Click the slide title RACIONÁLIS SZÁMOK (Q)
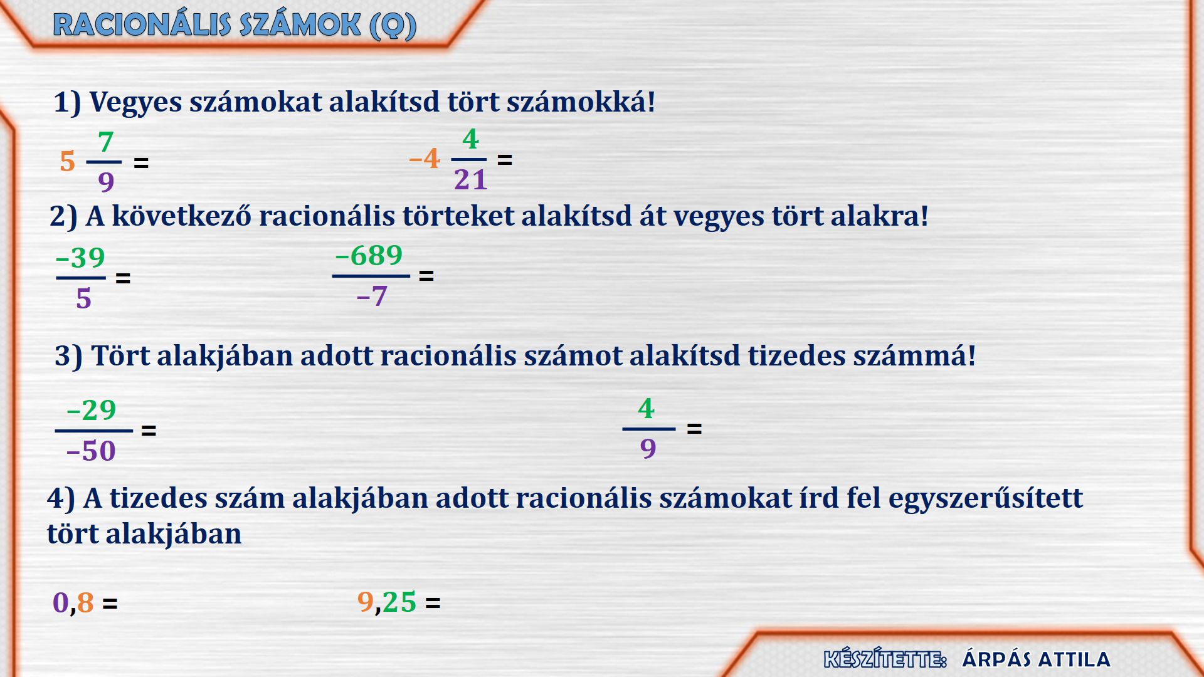[235, 25]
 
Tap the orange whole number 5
[67, 162]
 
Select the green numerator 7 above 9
[106, 142]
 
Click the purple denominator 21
[470, 180]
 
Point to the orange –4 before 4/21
[425, 159]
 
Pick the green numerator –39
[80, 258]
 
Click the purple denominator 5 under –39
[83, 298]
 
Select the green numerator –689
[369, 255]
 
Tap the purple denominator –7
[372, 296]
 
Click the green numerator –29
[92, 410]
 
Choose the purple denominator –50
[91, 451]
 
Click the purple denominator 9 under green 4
[648, 449]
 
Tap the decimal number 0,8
[73, 602]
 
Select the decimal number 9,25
[387, 602]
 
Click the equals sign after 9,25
[433, 604]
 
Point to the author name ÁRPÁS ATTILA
[1037, 659]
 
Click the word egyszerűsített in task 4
[986, 498]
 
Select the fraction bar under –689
[371, 276]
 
